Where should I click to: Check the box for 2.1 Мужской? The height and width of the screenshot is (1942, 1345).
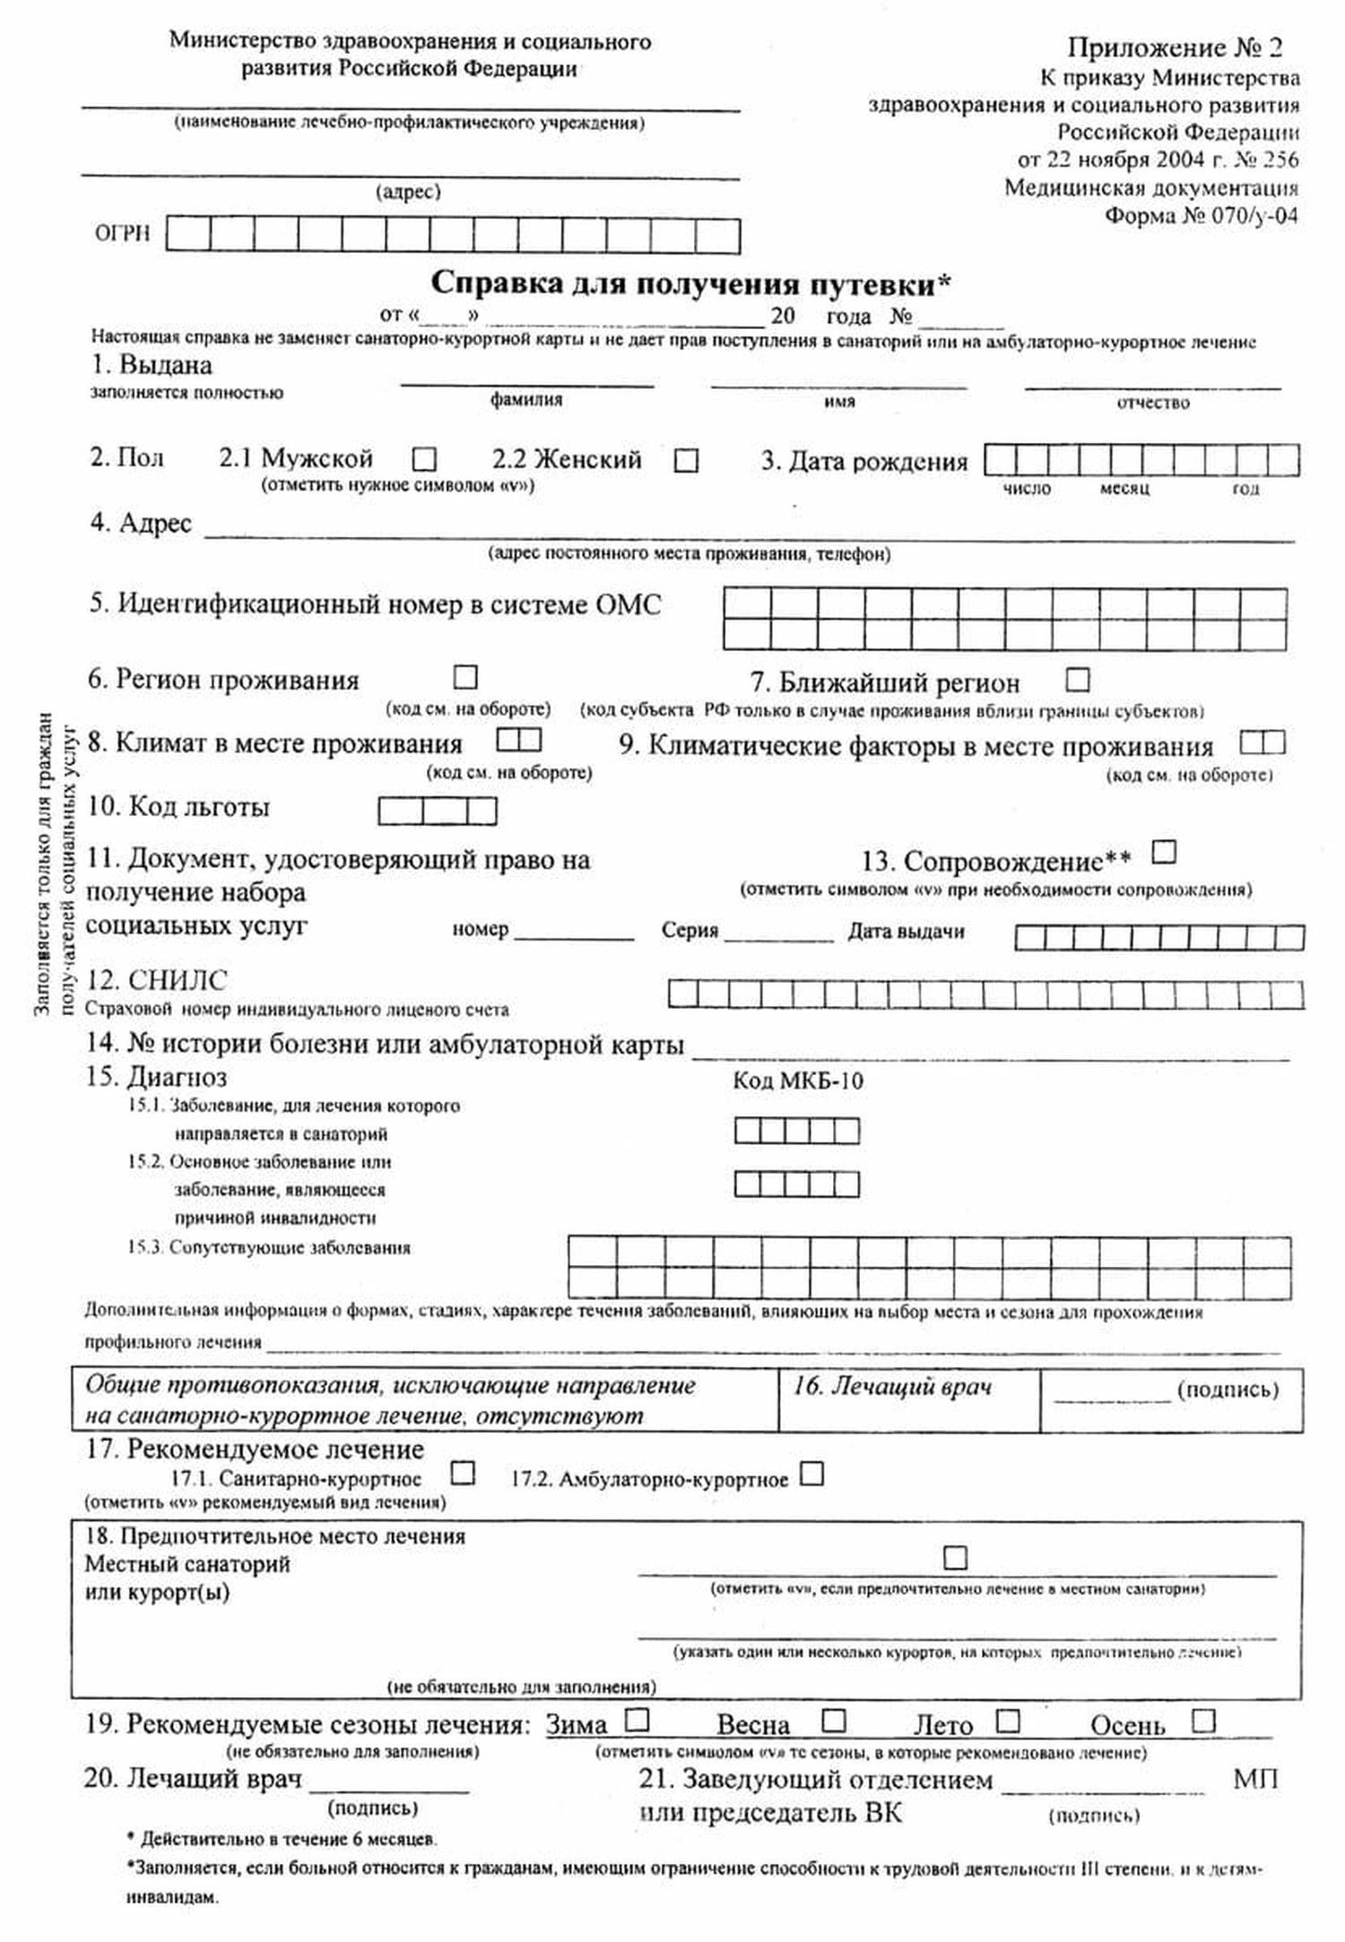point(424,460)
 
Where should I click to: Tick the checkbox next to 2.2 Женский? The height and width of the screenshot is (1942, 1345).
point(686,461)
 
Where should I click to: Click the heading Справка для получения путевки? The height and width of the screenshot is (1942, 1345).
point(690,284)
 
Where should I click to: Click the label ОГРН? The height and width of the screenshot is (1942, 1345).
point(123,235)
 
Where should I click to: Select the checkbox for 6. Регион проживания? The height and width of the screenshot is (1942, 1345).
point(466,676)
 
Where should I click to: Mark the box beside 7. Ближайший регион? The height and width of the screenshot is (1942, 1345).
point(1078,680)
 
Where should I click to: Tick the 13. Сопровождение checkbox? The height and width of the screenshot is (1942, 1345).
point(1164,851)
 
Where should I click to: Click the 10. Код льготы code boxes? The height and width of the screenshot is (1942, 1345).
point(437,811)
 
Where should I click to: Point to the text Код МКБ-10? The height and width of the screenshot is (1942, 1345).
point(797,1080)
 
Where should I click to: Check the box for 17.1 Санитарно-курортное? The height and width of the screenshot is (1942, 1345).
point(463,1473)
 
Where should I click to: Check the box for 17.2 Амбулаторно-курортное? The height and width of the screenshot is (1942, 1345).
point(811,1474)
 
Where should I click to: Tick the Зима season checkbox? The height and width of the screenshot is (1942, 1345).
point(638,1720)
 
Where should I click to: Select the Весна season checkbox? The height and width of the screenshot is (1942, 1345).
point(834,1720)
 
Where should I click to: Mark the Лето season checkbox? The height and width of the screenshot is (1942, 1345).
point(1008,1721)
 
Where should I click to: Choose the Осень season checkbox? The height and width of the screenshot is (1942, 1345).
point(1203,1721)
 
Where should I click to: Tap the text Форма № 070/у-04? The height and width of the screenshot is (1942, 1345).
point(1201,216)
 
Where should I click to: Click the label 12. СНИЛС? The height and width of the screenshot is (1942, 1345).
point(157,980)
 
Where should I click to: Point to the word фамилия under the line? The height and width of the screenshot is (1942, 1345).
point(526,400)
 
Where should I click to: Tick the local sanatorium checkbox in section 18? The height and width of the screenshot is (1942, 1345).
point(956,1557)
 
